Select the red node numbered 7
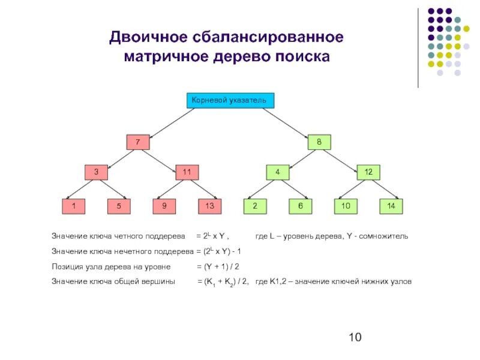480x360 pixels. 138,143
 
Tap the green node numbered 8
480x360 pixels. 319,143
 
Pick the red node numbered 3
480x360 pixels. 97,172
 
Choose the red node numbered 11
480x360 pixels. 187,172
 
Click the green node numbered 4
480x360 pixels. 278,172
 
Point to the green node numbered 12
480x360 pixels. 368,172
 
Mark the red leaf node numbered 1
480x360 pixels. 74,206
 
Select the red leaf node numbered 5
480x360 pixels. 119,206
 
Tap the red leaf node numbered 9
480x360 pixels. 164,206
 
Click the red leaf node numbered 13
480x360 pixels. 209,206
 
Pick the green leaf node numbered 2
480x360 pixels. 255,206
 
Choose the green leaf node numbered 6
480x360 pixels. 300,206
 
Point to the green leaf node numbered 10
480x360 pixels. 346,206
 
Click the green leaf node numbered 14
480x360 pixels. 391,206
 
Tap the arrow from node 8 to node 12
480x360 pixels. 345,158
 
